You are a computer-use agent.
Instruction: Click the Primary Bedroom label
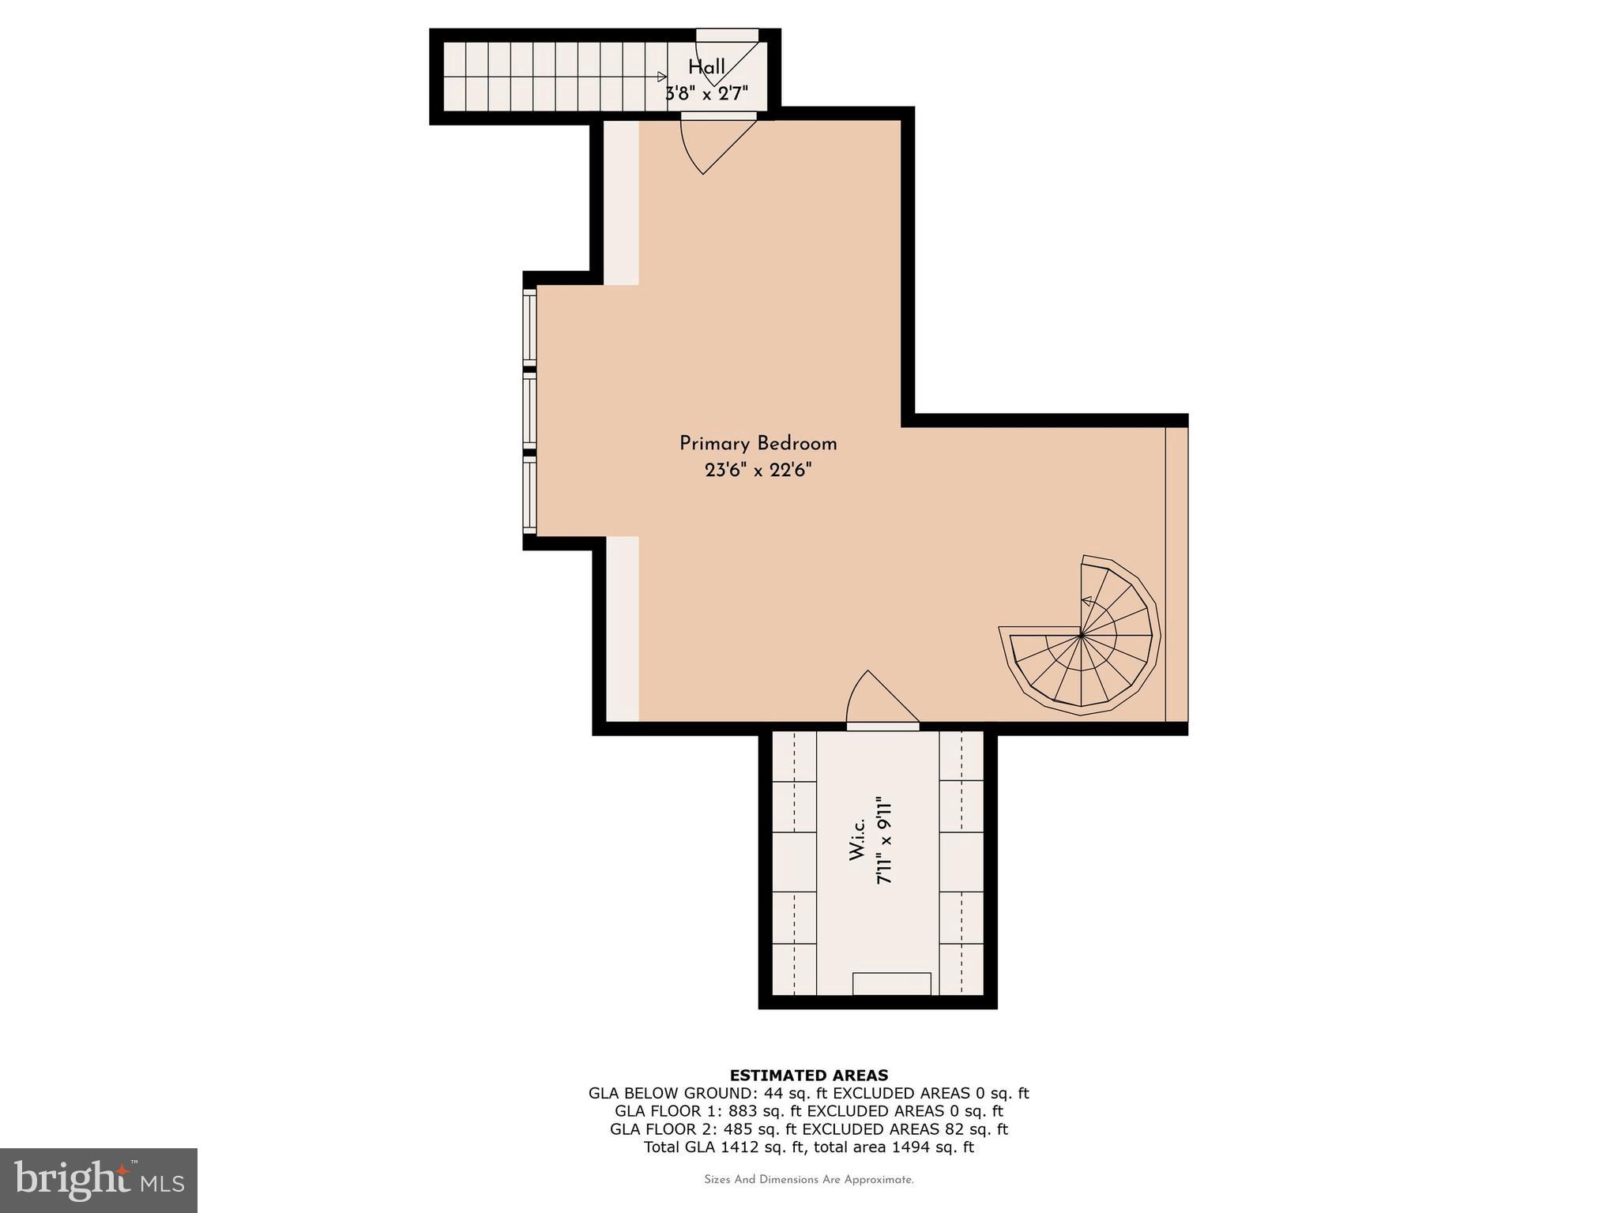coord(758,444)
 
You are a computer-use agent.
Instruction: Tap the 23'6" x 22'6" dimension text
coord(758,471)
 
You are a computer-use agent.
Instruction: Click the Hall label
coord(706,67)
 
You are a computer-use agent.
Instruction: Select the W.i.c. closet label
coord(858,839)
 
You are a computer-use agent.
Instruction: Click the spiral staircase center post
coord(1081,633)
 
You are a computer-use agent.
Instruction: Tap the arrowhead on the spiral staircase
coord(1086,602)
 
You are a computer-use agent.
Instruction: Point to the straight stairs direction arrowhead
coord(661,77)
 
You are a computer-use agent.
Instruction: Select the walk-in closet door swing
coord(877,698)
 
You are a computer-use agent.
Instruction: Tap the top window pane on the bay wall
coord(529,327)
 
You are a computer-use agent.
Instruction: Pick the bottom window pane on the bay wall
coord(529,495)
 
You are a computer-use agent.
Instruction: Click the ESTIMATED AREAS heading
coord(808,1075)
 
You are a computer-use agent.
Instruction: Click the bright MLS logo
coord(99,1180)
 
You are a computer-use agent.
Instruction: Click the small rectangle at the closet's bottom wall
coord(891,983)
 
